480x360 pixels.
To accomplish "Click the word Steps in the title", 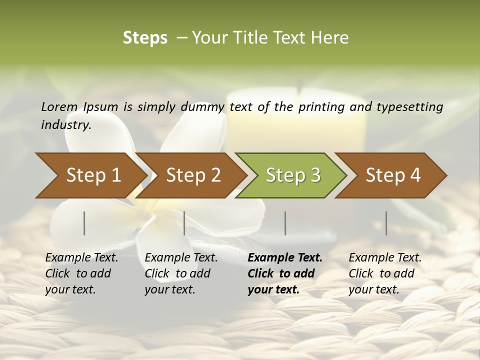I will tap(145, 38).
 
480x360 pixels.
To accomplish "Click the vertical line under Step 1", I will tap(84, 223).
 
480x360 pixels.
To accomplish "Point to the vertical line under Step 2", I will tap(184, 223).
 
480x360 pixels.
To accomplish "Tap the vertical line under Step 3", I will tap(285, 223).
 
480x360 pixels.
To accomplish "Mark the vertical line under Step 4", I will tap(386, 223).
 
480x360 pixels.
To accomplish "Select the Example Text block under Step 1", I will tap(81, 273).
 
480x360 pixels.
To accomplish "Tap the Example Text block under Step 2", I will tap(181, 273).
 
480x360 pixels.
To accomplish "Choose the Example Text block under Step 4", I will tap(385, 273).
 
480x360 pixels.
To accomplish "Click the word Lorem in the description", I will tap(59, 107).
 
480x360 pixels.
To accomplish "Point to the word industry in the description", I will tap(66, 125).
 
